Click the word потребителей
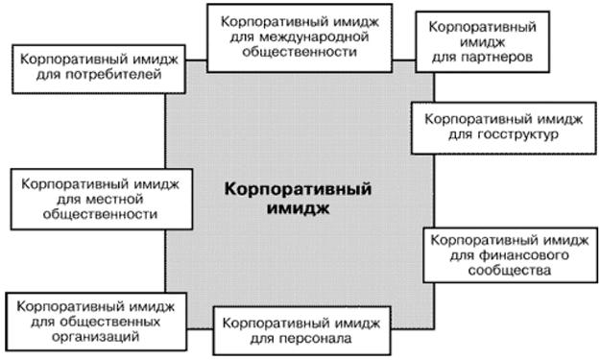coord(113,75)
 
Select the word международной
coord(314,37)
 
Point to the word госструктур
coord(517,134)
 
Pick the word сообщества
coord(510,271)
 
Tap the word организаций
coord(95,337)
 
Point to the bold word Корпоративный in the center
coord(299,189)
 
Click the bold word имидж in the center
coord(299,209)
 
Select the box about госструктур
coord(504,129)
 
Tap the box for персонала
coord(301,330)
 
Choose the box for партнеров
coord(483,41)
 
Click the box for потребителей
coord(99,69)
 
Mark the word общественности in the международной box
coord(300,52)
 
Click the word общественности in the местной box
coord(100,214)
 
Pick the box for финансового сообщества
coord(510,255)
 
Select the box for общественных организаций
coord(96,322)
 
